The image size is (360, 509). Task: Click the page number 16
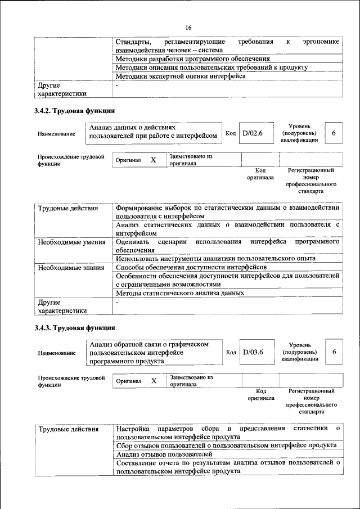tap(188, 27)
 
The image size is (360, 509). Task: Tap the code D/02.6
tap(253, 133)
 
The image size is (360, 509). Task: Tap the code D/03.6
tap(253, 352)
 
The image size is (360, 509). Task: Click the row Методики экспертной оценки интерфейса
tap(180, 76)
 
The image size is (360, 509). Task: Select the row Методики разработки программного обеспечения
tap(192, 58)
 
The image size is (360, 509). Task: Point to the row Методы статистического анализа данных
tap(179, 293)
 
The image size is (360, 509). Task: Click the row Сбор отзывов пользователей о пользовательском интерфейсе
tap(226, 445)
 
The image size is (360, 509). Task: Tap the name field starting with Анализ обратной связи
tap(152, 352)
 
